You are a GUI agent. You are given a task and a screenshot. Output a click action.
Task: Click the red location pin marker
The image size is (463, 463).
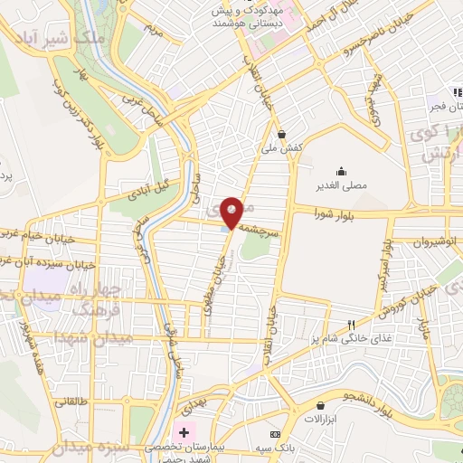click(x=232, y=212)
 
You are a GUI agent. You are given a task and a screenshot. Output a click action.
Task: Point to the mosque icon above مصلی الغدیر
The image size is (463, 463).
click(x=340, y=171)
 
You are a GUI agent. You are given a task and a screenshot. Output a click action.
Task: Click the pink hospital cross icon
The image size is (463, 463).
click(x=184, y=432)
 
